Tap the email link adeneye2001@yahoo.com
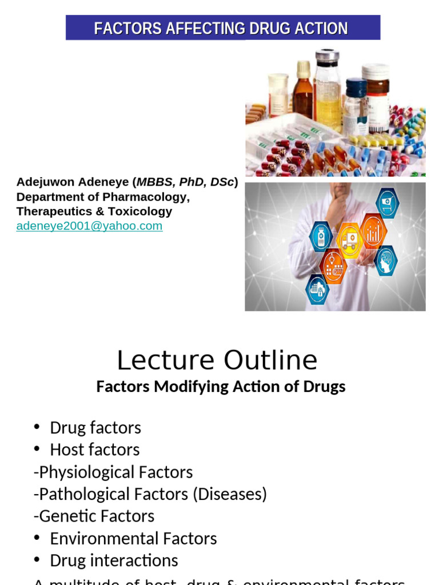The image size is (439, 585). coord(89,226)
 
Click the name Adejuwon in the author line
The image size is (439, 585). coord(43,183)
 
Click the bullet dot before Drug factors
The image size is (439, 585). coord(37,427)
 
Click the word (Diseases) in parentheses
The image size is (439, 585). coord(230,494)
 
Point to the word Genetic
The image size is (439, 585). coord(65,516)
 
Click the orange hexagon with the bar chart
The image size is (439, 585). coord(374,230)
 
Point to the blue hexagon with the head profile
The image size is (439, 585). coord(386,260)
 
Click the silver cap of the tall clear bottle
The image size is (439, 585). coord(328,57)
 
